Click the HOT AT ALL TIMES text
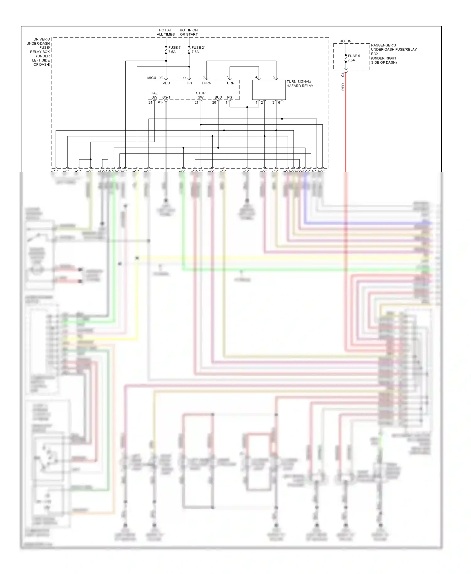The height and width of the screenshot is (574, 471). pos(165,32)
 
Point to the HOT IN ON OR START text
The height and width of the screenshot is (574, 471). pos(189,32)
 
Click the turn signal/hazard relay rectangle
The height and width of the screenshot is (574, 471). pos(269,90)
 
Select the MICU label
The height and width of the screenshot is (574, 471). pos(152,78)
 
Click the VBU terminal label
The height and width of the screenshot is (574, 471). pos(166,83)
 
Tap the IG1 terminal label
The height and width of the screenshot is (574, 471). pos(189,83)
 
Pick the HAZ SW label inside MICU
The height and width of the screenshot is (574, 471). pos(154,95)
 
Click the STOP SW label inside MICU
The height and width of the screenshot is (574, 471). pos(201,95)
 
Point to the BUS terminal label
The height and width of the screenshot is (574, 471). pos(218,97)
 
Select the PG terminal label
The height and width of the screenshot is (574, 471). pos(230,97)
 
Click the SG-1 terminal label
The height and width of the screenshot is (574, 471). pos(166,97)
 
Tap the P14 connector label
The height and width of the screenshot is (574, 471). pos(160,103)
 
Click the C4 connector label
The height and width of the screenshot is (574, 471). pos(343,75)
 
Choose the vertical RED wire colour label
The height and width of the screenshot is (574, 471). pos(343,87)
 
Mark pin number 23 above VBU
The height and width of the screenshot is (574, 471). pos(161,77)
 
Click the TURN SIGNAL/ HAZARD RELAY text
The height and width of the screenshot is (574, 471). pos(300,84)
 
